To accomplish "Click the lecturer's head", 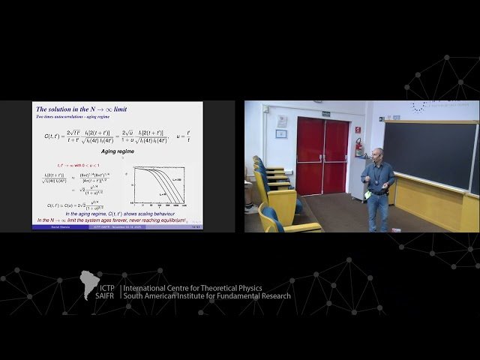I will (377, 155).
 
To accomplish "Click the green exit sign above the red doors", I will (325, 114).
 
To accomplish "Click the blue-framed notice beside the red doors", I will (281, 134).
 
